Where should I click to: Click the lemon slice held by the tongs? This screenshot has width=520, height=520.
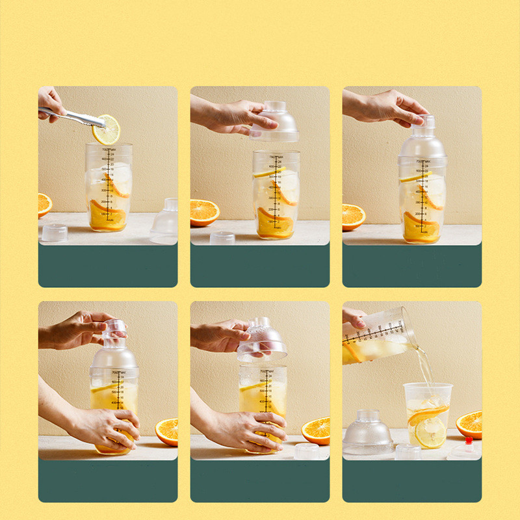coord(106,129)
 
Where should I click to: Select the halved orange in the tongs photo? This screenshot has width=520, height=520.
coord(44,204)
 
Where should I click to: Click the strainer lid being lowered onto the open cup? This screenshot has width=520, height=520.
coord(274,123)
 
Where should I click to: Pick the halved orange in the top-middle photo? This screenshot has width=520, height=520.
coord(204,212)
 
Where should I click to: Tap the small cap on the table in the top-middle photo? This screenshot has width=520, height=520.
coord(222,237)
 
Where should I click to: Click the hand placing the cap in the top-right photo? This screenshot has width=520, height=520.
coord(383,107)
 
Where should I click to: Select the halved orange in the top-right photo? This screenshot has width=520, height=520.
coord(353,216)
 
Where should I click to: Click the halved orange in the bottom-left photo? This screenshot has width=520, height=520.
coord(166,431)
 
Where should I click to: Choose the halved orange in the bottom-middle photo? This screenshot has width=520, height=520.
coord(316,430)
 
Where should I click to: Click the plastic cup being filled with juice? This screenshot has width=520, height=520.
coord(427,415)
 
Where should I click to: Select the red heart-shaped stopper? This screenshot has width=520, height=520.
coord(469,441)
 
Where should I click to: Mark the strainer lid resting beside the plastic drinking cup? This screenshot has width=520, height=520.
coord(368,432)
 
